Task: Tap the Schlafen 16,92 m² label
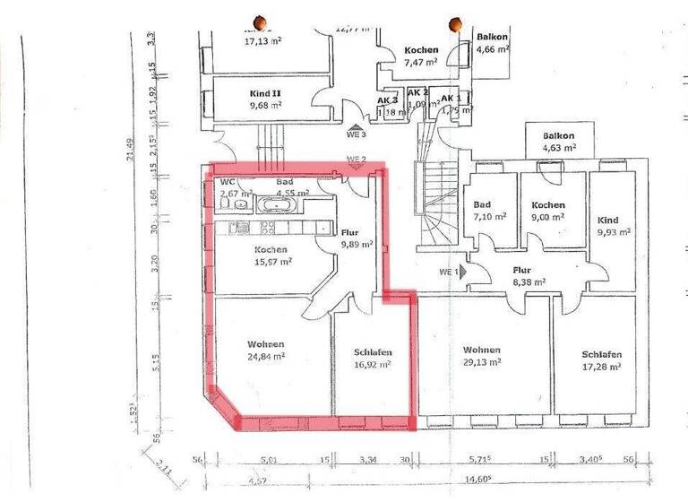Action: click(x=373, y=359)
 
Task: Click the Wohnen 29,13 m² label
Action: click(x=481, y=356)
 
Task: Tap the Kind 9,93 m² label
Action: click(x=611, y=226)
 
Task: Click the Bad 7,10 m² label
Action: click(x=490, y=211)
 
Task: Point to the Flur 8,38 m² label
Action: click(x=522, y=274)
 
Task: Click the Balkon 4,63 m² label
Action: click(x=557, y=142)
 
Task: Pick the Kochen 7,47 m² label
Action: click(x=420, y=56)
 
